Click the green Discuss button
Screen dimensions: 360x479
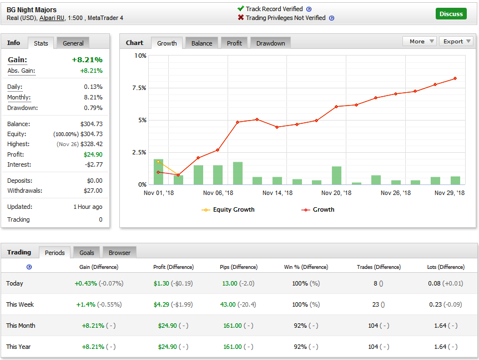click(x=451, y=14)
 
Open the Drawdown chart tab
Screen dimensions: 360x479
click(x=270, y=43)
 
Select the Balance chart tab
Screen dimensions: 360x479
click(x=201, y=43)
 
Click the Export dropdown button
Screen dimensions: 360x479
click(x=456, y=41)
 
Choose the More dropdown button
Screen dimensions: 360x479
click(x=419, y=41)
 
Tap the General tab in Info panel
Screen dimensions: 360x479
click(x=73, y=43)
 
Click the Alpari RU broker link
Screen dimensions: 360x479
click(x=52, y=18)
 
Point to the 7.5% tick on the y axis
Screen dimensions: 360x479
click(x=139, y=88)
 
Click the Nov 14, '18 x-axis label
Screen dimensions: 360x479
click(x=276, y=193)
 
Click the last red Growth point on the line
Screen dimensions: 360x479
click(x=455, y=78)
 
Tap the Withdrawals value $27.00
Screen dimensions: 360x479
click(x=92, y=191)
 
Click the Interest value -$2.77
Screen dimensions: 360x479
click(x=92, y=164)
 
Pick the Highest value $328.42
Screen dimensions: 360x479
click(x=92, y=144)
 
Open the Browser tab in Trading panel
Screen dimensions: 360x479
click(x=119, y=253)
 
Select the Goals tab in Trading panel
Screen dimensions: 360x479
click(x=87, y=253)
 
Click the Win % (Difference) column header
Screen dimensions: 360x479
click(x=306, y=267)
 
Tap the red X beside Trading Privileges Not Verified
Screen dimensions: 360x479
click(x=241, y=18)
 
